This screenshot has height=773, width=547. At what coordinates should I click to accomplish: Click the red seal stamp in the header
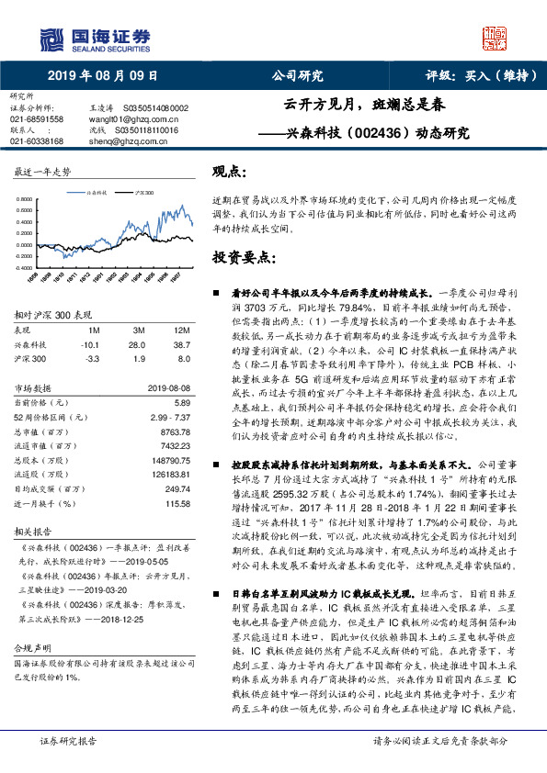[x=496, y=39]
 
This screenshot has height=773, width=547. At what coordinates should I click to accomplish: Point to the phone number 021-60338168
[x=37, y=141]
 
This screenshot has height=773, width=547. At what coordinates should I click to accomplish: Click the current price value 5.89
[x=182, y=402]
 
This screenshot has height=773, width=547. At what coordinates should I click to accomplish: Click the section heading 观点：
[x=230, y=172]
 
